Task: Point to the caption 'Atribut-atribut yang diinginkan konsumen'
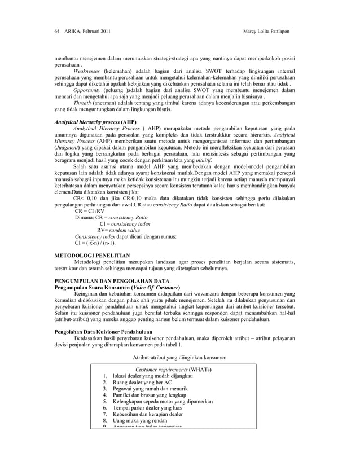click(179, 357)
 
